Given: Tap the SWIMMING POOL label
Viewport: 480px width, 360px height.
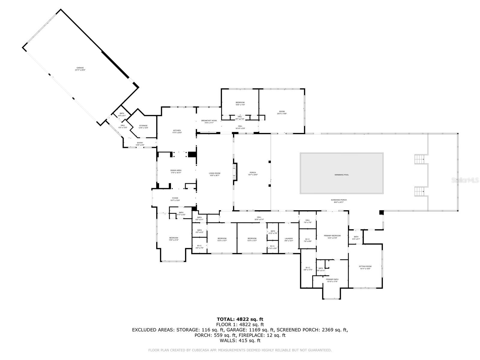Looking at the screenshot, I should click(342, 175).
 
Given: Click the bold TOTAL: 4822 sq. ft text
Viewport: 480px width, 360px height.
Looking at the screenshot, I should click(240, 319).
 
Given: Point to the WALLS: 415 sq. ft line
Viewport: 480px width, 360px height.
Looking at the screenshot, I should click(240, 340).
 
